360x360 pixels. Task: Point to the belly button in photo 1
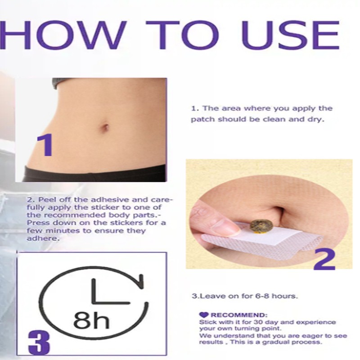click(x=105, y=128)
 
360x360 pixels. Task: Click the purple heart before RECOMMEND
click(x=203, y=315)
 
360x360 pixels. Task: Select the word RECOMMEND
click(x=238, y=315)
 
